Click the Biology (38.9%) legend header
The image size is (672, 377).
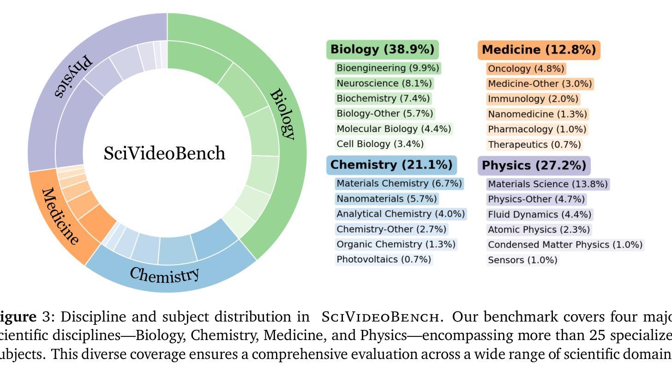pyautogui.click(x=383, y=49)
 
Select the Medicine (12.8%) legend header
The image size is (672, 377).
pyautogui.click(x=539, y=50)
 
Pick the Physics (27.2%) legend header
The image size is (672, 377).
pyautogui.click(x=534, y=165)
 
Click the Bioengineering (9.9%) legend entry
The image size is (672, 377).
pyautogui.click(x=388, y=68)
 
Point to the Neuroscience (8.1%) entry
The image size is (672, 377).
pyautogui.click(x=384, y=84)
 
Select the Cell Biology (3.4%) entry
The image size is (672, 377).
pyautogui.click(x=380, y=144)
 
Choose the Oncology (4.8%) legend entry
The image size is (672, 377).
pyautogui.click(x=526, y=69)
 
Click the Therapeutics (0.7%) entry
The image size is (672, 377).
pyautogui.click(x=534, y=145)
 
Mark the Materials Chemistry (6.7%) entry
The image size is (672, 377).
pyautogui.click(x=399, y=184)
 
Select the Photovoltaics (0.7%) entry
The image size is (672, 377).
pyautogui.click(x=384, y=260)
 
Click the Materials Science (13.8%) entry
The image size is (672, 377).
pyautogui.click(x=548, y=184)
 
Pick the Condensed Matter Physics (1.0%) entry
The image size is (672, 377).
pyautogui.click(x=565, y=245)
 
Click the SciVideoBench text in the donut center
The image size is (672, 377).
pyautogui.click(x=165, y=153)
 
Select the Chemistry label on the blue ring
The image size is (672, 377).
pyautogui.click(x=165, y=274)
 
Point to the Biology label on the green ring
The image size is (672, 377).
pyautogui.click(x=282, y=114)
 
